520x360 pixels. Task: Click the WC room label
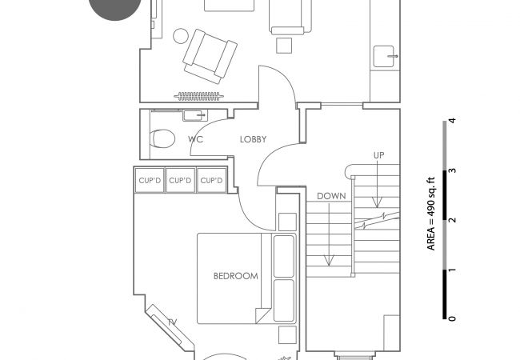point(195,139)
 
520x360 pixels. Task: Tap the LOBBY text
point(253,139)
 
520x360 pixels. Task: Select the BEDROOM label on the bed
point(236,276)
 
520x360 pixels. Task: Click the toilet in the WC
point(162,138)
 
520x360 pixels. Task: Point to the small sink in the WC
point(195,115)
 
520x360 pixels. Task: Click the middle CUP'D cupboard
point(180,180)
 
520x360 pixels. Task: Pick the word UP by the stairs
point(378,155)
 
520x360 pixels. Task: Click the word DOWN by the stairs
point(331,196)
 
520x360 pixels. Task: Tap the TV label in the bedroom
point(172,322)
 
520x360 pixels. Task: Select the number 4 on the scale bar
point(452,120)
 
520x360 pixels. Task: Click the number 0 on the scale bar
point(452,318)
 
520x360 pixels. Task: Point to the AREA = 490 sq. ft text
point(430,214)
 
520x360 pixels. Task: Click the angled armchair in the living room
point(210,56)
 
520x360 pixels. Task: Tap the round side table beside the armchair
point(181,36)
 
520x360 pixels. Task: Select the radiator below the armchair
point(198,97)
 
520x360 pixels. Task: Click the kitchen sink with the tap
point(384,56)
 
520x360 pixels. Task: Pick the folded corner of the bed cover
point(263,315)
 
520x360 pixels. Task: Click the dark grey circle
point(114,8)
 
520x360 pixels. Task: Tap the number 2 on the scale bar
point(452,220)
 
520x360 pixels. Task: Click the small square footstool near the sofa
point(284,46)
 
